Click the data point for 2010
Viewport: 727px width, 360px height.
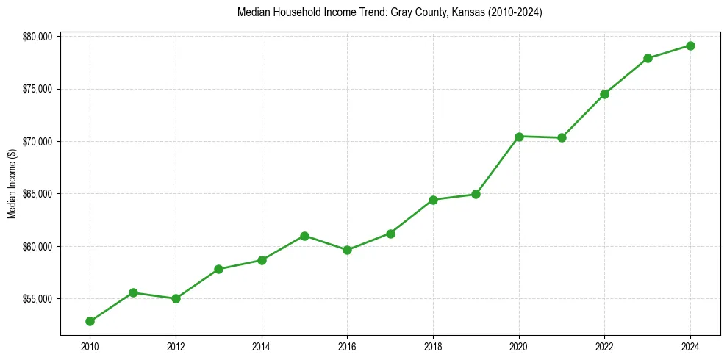90,321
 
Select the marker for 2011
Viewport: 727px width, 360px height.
133,292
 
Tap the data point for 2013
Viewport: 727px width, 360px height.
218,269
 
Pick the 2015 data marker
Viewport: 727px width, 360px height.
304,236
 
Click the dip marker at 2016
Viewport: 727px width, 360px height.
347,250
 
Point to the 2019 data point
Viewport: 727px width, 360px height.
476,194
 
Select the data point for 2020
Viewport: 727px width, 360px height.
519,137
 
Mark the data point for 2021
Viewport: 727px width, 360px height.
562,137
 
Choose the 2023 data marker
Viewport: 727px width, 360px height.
648,58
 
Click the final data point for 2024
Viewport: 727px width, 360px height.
690,46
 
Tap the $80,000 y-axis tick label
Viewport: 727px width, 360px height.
37,37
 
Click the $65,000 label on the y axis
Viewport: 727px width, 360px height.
37,194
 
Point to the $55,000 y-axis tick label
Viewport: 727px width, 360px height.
37,299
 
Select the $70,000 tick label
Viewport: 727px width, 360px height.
37,142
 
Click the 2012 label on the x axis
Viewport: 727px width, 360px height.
176,346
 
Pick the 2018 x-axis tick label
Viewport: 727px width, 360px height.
433,346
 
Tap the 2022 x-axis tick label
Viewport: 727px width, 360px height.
604,346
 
